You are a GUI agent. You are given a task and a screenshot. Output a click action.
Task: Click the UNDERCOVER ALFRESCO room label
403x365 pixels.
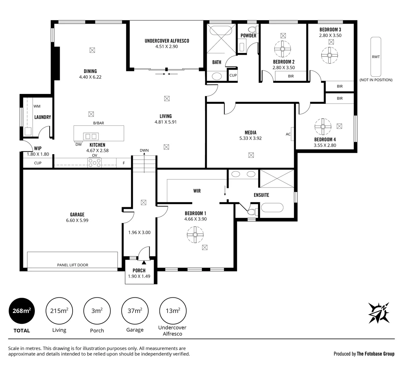(167, 41)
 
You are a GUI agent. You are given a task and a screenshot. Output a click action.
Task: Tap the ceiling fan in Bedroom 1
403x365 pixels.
(195, 235)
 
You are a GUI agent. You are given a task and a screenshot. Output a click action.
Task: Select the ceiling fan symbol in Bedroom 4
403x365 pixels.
(323, 126)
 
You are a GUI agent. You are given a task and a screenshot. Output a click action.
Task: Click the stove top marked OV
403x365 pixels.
(95, 163)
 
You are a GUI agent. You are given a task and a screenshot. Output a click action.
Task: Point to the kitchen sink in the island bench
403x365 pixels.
(91, 136)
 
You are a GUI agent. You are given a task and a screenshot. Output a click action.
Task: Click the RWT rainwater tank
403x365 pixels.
(376, 56)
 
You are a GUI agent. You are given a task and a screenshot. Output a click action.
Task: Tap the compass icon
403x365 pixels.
(379, 313)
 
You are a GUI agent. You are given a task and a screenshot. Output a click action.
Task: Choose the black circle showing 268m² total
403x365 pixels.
(22, 311)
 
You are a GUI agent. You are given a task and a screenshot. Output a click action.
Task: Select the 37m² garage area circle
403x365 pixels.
(135, 311)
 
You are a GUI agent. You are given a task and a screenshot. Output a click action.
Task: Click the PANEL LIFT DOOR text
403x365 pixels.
(73, 265)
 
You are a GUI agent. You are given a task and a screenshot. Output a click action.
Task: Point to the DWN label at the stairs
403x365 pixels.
(144, 150)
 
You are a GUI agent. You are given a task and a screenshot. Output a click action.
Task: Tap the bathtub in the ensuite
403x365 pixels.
(272, 208)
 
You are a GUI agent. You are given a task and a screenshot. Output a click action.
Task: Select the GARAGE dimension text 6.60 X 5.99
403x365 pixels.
(77, 220)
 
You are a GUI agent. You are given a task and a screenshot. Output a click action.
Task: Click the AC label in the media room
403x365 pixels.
(288, 134)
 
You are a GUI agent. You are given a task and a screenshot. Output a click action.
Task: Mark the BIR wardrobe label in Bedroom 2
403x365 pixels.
(291, 76)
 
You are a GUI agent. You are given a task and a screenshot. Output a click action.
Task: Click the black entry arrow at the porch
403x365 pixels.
(144, 262)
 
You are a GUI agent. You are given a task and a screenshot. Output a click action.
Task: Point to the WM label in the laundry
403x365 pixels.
(37, 106)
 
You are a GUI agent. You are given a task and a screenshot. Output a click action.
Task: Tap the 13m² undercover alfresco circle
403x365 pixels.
(173, 311)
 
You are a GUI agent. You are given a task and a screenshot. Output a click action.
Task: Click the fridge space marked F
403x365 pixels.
(124, 163)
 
